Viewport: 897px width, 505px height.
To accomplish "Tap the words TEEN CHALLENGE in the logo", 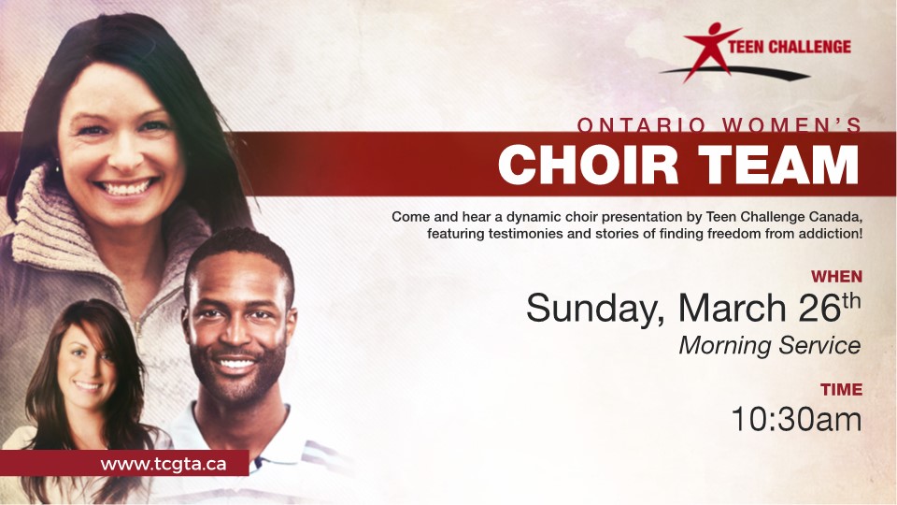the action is (x=790, y=47).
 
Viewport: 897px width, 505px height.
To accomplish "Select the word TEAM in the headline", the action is (x=779, y=165).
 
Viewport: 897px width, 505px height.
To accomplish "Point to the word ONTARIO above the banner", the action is (x=642, y=124).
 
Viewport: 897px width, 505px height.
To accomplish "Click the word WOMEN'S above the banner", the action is (x=792, y=124).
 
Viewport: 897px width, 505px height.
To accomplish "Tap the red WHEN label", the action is (x=836, y=277).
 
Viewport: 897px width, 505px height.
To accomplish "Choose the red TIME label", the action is (x=842, y=389).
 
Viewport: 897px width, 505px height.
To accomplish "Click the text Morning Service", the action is (x=770, y=345).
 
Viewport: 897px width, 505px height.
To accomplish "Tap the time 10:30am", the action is (x=796, y=419).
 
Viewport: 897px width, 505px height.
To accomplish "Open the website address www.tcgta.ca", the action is (x=163, y=464).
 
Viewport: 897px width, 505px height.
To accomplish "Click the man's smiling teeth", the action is (x=236, y=363).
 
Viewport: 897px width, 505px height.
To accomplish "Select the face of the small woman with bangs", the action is (x=87, y=367).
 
